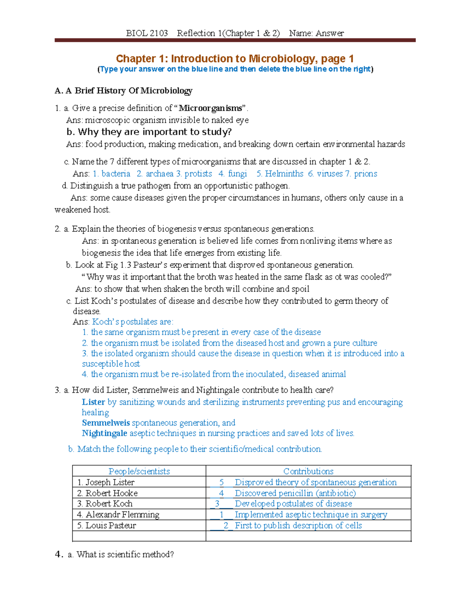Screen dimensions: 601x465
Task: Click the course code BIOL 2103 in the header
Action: [x=147, y=33]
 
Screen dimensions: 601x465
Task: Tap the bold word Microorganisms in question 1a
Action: [x=210, y=108]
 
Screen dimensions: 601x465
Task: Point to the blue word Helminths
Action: [x=284, y=174]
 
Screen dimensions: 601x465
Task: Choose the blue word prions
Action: [x=365, y=174]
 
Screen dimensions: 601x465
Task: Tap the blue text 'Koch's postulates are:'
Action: [x=133, y=322]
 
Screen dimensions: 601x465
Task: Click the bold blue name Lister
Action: [x=93, y=402]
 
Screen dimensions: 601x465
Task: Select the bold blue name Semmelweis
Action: [x=105, y=423]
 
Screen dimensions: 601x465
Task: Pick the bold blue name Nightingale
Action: [x=105, y=433]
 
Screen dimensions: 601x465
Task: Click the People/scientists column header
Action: [x=139, y=471]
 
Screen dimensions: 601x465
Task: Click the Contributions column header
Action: [x=308, y=471]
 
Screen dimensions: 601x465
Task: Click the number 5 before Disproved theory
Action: [x=222, y=483]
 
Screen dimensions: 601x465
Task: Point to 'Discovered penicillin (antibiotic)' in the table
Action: [x=295, y=493]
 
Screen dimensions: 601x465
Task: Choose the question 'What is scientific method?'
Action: [x=125, y=555]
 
